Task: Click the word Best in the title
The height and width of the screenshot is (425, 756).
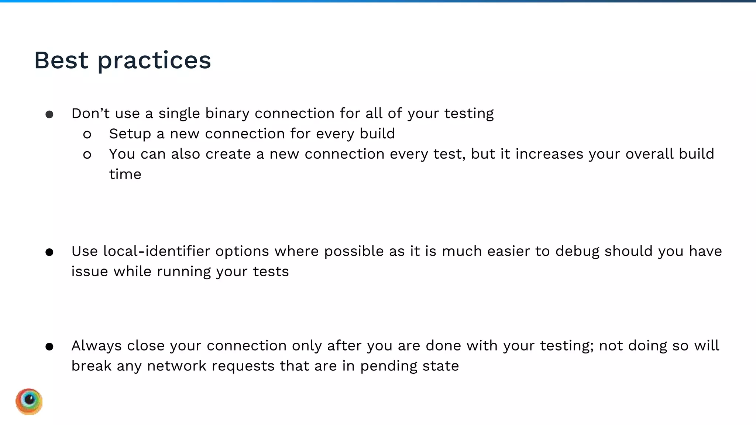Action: pyautogui.click(x=61, y=60)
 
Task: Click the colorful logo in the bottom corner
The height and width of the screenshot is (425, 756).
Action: pyautogui.click(x=29, y=401)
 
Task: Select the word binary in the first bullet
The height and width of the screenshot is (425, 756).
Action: pyautogui.click(x=227, y=113)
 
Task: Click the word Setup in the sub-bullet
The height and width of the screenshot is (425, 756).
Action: pyautogui.click(x=130, y=134)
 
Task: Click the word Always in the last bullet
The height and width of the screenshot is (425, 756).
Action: pyautogui.click(x=96, y=346)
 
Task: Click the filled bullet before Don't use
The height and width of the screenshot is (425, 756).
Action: pyautogui.click(x=49, y=114)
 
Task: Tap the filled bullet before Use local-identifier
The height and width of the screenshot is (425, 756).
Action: pyautogui.click(x=49, y=252)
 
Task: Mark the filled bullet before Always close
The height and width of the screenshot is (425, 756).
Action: pyautogui.click(x=49, y=347)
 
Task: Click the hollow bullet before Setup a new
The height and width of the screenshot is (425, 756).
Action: pyautogui.click(x=87, y=135)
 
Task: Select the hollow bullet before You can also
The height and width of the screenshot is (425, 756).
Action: pyautogui.click(x=87, y=155)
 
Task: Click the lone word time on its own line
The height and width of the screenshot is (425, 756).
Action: pyautogui.click(x=125, y=174)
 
